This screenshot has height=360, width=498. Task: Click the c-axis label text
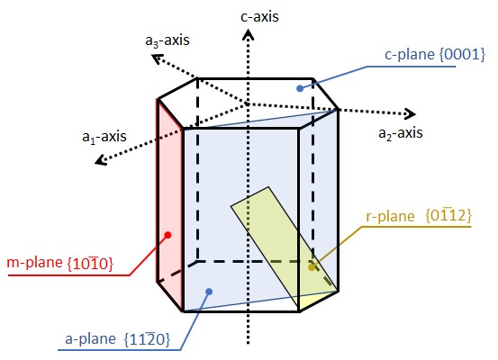pos(259,16)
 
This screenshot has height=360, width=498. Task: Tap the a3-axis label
pos(168,40)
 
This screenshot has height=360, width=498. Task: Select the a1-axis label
pos(104,137)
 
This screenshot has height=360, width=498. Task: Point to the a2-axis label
pos(401,133)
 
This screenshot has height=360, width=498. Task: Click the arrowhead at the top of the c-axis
pos(248,34)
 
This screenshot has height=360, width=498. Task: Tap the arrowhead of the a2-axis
pos(411,113)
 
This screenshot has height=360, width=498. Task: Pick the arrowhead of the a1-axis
pos(101,159)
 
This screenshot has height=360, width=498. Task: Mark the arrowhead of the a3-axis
pos(157,58)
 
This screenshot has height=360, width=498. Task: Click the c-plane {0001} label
pos(435,54)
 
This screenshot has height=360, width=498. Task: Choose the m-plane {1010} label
pos(60,263)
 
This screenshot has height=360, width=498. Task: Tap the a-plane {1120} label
pos(118,339)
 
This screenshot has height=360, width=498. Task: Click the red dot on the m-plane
pos(168,235)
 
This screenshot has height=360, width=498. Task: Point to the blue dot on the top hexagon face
pos(300,88)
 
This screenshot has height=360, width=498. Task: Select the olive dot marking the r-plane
pos(312,267)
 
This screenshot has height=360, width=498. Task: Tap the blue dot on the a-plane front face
pos(209,291)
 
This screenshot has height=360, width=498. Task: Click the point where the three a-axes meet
pos(247,103)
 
